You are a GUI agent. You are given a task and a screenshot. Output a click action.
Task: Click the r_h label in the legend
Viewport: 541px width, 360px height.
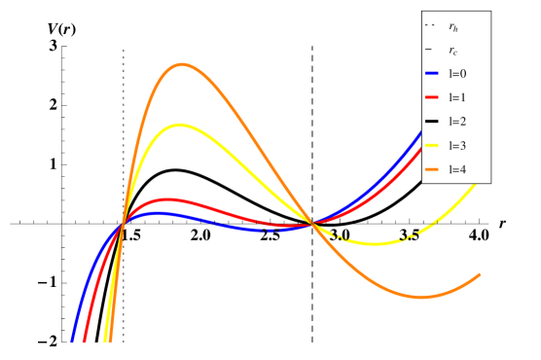coord(453,27)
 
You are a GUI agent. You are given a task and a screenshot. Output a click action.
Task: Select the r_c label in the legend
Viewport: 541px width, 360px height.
coord(453,51)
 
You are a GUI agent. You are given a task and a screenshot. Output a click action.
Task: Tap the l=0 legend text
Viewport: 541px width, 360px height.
coord(457,74)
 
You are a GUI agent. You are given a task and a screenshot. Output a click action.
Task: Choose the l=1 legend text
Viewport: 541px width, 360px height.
coord(457,97)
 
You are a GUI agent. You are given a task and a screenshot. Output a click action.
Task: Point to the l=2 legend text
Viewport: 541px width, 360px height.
coord(457,122)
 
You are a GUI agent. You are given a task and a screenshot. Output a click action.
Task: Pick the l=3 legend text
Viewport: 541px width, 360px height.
coord(457,146)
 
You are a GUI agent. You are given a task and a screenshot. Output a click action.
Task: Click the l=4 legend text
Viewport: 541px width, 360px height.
coord(457,169)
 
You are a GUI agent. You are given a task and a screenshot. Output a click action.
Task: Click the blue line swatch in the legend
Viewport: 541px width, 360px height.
coord(432,74)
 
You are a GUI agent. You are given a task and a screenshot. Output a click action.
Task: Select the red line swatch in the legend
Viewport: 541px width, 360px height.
coord(432,97)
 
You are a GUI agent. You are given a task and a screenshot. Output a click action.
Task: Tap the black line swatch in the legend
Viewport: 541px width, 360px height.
coord(432,122)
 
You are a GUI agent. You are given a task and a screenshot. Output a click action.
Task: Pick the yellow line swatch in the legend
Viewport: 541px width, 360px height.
coord(432,146)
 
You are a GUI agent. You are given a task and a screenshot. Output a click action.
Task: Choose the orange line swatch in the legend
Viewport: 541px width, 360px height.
coord(432,169)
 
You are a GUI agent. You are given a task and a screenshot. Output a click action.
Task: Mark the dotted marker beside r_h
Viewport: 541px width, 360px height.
coord(429,25)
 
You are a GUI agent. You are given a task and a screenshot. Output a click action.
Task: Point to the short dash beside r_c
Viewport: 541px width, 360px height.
coord(428,50)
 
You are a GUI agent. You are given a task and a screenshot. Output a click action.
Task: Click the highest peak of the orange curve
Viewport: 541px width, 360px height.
coord(182,65)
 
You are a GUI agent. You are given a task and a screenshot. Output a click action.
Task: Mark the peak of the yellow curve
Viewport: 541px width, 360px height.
coord(178,125)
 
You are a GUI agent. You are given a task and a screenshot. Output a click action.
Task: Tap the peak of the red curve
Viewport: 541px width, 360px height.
coord(167,199)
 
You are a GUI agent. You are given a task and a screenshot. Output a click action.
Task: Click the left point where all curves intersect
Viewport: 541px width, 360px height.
coord(123,224)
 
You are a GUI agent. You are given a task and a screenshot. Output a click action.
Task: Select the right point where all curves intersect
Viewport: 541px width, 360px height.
coord(311,224)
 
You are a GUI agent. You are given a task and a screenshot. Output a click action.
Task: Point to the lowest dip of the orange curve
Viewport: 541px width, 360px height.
coord(421,297)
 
